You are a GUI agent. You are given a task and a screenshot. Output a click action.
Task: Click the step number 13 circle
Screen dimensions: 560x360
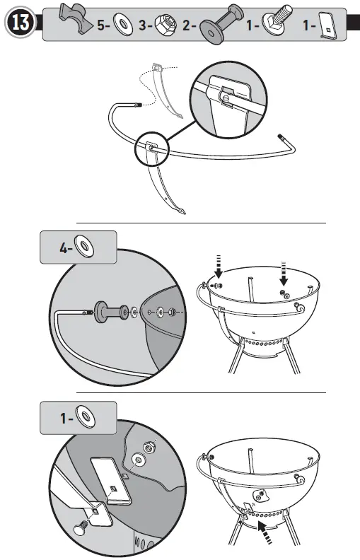tap(21, 23)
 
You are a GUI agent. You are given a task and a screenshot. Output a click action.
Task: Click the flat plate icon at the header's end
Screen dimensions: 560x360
tap(327, 25)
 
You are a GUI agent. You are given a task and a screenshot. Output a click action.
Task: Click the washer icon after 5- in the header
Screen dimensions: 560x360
tap(122, 25)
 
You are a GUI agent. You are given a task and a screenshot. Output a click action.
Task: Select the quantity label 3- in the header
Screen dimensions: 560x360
tap(146, 25)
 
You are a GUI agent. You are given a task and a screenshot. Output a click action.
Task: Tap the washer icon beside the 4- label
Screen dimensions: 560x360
tap(86, 247)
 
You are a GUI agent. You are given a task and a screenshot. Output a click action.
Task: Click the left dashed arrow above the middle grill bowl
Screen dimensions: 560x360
tap(219, 269)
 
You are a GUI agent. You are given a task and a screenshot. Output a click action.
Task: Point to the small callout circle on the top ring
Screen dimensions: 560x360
tap(150, 144)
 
